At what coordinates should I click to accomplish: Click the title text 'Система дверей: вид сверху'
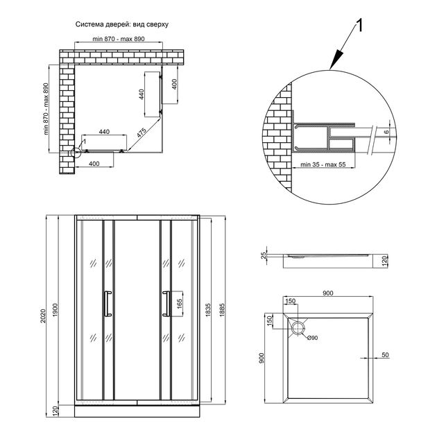[x=122, y=24]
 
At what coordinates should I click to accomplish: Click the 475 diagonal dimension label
[x=142, y=133]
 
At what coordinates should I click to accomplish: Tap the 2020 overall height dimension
[x=42, y=316]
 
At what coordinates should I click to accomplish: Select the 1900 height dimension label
[x=55, y=309]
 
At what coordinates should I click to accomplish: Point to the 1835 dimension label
[x=208, y=310]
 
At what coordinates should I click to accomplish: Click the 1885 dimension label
[x=222, y=310]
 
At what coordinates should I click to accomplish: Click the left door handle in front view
[x=107, y=304]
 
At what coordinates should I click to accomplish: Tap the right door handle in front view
[x=166, y=304]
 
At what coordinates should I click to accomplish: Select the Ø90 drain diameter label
[x=312, y=338]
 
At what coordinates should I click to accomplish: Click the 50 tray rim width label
[x=385, y=355]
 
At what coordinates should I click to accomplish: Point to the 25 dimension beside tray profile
[x=264, y=255]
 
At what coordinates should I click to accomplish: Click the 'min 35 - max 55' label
[x=323, y=164]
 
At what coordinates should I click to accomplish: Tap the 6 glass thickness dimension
[x=386, y=132]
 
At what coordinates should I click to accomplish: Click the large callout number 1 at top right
[x=359, y=26]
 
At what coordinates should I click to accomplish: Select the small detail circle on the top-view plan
[x=76, y=153]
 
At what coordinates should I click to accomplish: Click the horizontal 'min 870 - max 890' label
[x=119, y=39]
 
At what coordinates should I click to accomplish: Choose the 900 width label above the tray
[x=327, y=293]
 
